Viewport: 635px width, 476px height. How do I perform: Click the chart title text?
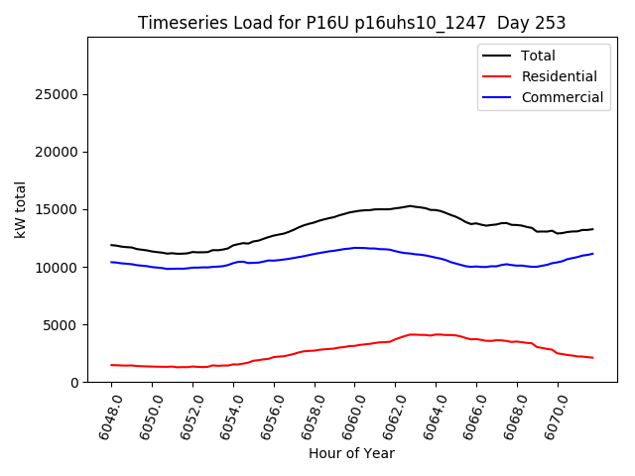351,23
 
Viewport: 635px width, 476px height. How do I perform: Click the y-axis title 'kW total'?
20,209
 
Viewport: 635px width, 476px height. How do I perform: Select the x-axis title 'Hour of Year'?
351,453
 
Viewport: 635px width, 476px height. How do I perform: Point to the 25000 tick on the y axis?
59,94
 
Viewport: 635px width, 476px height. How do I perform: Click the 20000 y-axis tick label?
59,152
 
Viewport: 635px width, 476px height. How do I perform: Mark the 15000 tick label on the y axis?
59,209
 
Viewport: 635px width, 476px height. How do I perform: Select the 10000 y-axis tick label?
59,267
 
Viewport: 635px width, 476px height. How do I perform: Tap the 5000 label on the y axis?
63,324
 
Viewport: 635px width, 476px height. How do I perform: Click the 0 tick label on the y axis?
74,382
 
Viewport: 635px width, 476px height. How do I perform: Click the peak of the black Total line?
410,206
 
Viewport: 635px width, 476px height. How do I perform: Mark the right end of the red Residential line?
592,357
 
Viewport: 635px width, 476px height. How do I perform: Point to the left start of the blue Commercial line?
112,262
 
